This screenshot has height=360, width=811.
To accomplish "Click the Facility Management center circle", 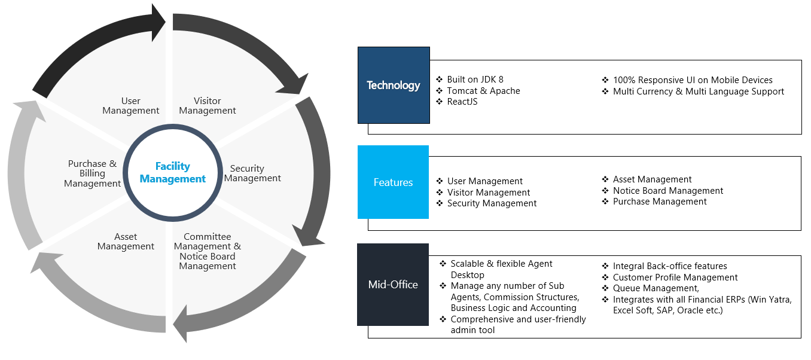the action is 173,173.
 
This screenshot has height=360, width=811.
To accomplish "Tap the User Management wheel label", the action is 131,105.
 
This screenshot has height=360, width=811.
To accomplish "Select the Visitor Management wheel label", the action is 207,105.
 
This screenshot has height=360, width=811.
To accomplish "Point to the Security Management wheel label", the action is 252,173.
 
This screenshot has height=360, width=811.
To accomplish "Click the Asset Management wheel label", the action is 126,241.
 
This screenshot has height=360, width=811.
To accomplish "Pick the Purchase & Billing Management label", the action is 92,173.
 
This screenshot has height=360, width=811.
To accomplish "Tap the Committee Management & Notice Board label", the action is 207,251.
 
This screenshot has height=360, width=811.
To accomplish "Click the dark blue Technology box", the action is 394,85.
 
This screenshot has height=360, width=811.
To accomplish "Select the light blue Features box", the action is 393,182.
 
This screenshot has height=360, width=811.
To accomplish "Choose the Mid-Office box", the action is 393,285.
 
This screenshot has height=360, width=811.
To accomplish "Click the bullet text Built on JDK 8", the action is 475,80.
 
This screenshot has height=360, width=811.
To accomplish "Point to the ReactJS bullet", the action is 462,102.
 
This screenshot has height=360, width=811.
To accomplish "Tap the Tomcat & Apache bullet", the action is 483,90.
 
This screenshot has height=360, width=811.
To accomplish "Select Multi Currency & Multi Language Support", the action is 699,91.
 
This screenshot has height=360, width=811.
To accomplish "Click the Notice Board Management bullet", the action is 668,191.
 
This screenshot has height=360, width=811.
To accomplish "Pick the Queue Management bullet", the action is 655,288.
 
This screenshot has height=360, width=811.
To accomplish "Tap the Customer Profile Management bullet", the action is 675,277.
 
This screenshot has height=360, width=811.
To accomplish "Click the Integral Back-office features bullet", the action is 670,266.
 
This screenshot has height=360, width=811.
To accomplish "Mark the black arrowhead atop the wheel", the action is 158,23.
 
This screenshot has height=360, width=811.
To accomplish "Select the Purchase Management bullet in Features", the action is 660,202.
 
